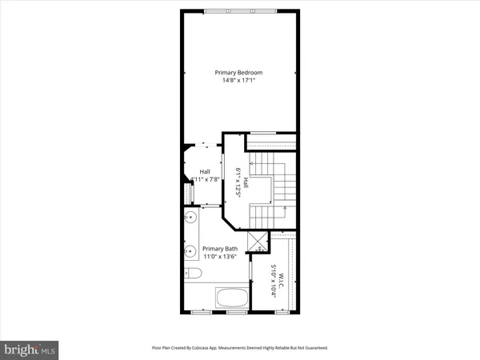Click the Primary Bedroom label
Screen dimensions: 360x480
point(238,73)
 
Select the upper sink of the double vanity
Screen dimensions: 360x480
point(190,218)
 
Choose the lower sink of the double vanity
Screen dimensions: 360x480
point(190,252)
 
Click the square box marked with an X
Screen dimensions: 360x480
point(258,241)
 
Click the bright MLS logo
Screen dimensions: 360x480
point(30,349)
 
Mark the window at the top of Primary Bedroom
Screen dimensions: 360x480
point(238,10)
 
